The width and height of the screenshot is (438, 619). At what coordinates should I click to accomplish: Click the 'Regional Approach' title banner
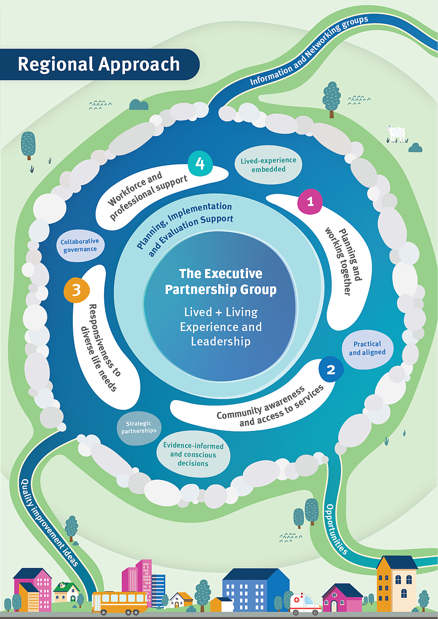click(99, 64)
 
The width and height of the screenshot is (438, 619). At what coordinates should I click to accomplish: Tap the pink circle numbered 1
click(310, 202)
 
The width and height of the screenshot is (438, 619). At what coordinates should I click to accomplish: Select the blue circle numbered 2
click(331, 370)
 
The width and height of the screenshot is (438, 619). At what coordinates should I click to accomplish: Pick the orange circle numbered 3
click(76, 290)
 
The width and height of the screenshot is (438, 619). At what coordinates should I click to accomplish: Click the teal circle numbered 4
click(200, 163)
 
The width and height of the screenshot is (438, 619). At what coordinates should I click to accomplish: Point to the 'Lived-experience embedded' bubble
click(268, 165)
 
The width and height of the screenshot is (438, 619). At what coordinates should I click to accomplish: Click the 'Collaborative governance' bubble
click(80, 245)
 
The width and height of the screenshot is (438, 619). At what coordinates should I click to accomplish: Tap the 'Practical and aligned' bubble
click(367, 348)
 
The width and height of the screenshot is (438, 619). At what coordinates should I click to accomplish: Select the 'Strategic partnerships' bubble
click(139, 427)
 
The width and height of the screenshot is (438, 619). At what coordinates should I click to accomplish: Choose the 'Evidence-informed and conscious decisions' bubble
click(193, 454)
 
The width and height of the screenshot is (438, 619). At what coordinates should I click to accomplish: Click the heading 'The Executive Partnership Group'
click(221, 282)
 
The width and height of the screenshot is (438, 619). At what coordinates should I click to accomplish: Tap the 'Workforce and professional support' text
click(147, 195)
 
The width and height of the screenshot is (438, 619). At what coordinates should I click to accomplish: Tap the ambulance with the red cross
click(305, 604)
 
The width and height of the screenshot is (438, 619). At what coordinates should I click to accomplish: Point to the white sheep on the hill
click(396, 133)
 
